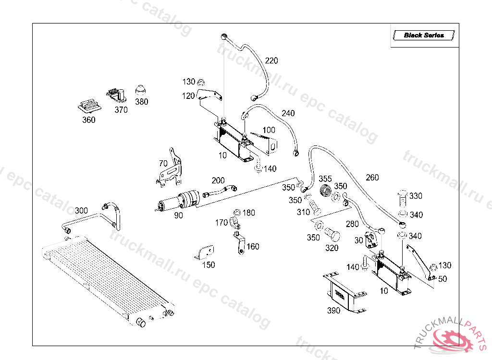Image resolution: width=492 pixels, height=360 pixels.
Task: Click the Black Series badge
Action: point(423,35)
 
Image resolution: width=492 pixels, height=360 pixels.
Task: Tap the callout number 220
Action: point(271,61)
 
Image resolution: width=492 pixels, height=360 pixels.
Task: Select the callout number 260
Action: point(372,177)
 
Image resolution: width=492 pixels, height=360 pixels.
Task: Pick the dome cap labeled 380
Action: point(141,90)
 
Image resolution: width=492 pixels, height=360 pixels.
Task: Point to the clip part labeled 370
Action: point(117,95)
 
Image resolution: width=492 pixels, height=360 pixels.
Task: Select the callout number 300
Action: point(81,210)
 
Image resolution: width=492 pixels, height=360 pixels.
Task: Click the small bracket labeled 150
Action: point(206,252)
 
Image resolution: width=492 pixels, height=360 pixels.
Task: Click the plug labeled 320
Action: point(332,235)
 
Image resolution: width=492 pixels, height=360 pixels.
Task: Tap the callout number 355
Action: point(325,179)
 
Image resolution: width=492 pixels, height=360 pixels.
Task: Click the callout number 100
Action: point(269,130)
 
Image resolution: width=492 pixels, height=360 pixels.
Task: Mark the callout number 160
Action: point(253,247)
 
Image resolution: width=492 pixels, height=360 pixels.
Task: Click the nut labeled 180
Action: point(236,213)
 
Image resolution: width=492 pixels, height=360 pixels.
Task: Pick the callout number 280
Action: point(352,224)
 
